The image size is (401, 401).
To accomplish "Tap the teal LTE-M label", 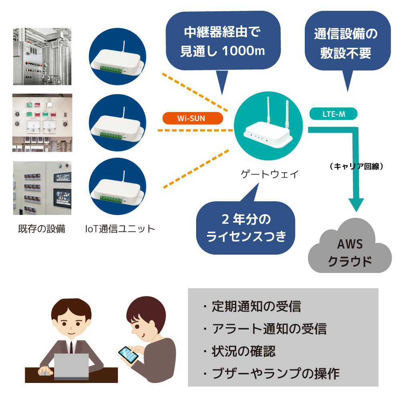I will tap(333, 114).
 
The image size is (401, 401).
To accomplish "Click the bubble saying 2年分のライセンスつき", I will tap(246, 228).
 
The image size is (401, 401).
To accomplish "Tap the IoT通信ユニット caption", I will tap(120, 229).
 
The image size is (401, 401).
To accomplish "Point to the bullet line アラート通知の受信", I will tap(265, 329).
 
